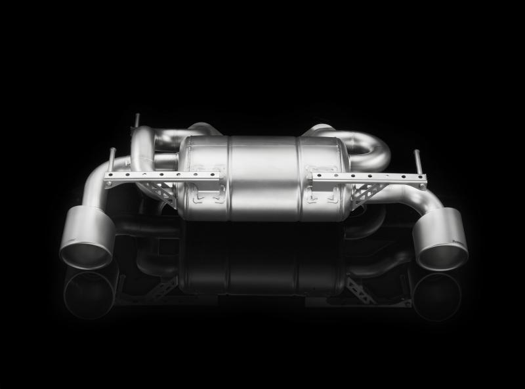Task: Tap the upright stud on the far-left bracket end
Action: tap(112, 161)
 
